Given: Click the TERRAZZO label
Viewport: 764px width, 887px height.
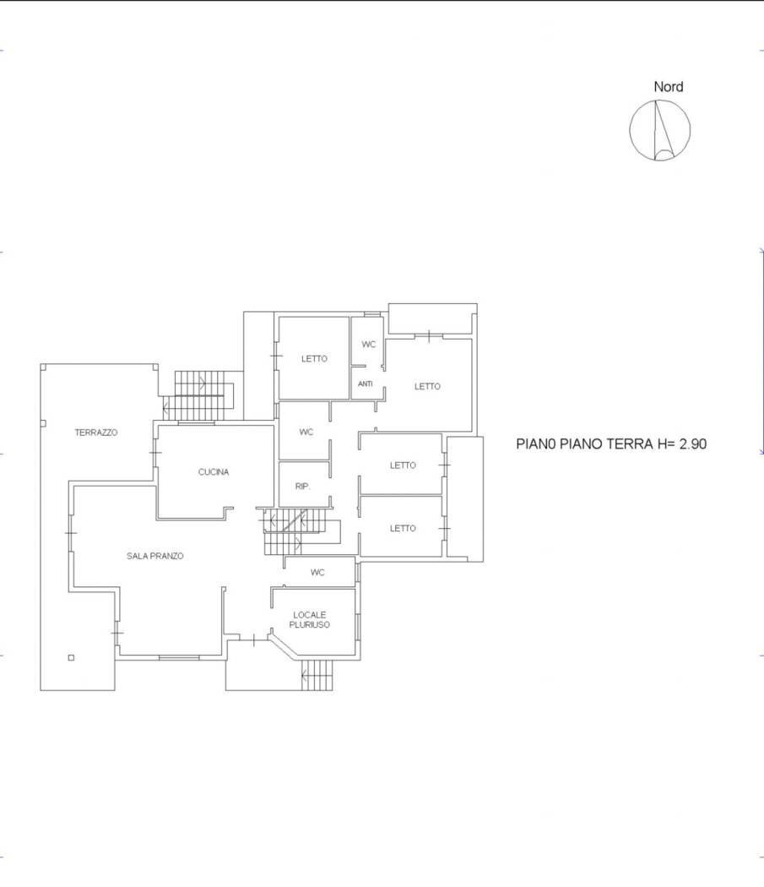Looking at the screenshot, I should [95, 433].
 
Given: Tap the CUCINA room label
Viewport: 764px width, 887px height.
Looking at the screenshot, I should [214, 472].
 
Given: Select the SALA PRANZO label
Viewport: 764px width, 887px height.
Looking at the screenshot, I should [155, 556].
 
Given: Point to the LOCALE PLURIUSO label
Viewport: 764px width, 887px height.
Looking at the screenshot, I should [311, 619].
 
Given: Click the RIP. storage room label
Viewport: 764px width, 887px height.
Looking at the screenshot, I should [303, 487].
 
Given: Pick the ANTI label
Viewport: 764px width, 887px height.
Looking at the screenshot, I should [366, 384].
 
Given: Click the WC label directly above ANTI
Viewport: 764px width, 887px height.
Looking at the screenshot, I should [368, 345].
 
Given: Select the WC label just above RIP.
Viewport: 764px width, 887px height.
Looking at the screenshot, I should [306, 433].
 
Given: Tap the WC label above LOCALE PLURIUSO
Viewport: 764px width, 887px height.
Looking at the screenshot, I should [317, 573].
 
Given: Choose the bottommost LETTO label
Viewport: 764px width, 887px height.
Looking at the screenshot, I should [403, 529].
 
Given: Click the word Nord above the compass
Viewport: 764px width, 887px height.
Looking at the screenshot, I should [668, 87].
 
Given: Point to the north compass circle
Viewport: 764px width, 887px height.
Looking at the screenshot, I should [660, 131].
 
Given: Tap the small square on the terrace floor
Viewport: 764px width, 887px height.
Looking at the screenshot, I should [71, 658].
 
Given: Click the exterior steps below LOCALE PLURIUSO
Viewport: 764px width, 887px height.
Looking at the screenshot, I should [317, 674].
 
